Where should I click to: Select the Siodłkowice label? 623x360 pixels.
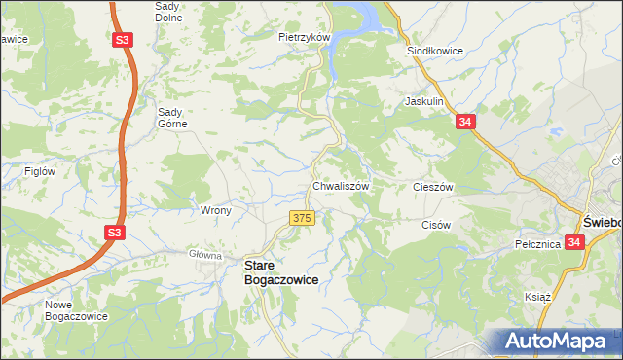433,51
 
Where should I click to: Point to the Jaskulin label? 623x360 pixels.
424,101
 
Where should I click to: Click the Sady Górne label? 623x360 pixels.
178,117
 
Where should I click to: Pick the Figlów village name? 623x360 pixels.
40,171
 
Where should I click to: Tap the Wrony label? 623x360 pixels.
215,210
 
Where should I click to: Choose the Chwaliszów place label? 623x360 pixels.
340,185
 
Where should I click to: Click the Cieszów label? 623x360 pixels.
434,186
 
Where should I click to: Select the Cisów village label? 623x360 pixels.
438,224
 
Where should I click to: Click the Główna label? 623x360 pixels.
206,255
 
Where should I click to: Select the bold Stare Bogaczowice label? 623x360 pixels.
280,271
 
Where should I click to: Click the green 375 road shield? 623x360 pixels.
301,219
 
